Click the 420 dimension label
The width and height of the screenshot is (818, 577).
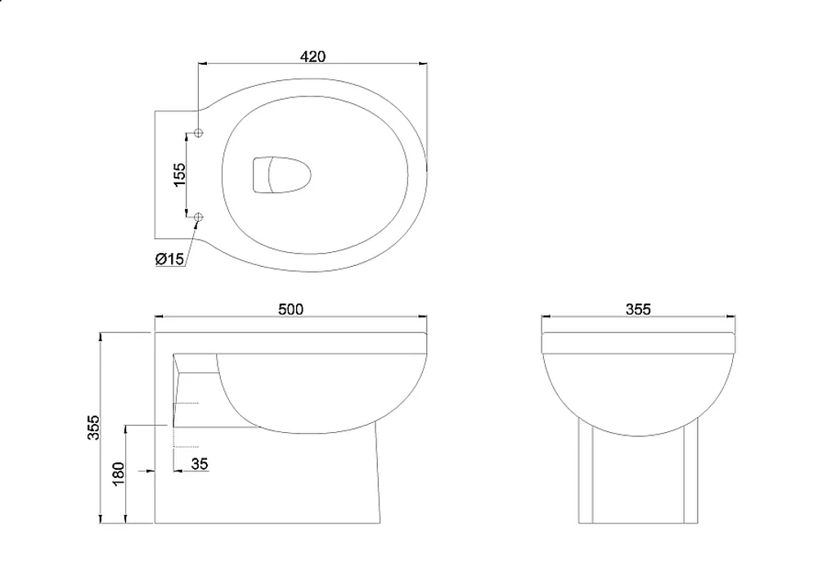(312, 56)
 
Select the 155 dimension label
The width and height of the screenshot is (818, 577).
(179, 175)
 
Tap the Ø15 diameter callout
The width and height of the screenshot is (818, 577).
(169, 259)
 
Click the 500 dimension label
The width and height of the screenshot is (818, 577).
(290, 309)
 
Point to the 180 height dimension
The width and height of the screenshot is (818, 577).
(119, 474)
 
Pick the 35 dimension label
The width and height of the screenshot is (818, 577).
(200, 463)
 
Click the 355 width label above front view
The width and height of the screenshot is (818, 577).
(638, 309)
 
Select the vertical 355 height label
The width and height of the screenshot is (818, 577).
(93, 427)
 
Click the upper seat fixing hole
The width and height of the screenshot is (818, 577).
(198, 133)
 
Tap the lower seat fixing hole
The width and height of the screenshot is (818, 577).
(198, 217)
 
